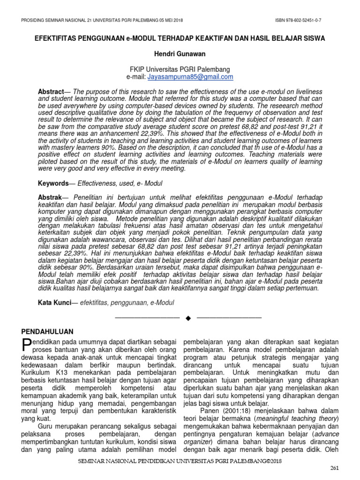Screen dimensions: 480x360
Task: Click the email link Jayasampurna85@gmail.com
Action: point(191,77)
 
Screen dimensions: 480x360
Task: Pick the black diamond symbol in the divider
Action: point(188,318)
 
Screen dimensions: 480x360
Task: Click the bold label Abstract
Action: point(51,91)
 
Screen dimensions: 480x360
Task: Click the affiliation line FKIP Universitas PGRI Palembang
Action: point(180,69)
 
